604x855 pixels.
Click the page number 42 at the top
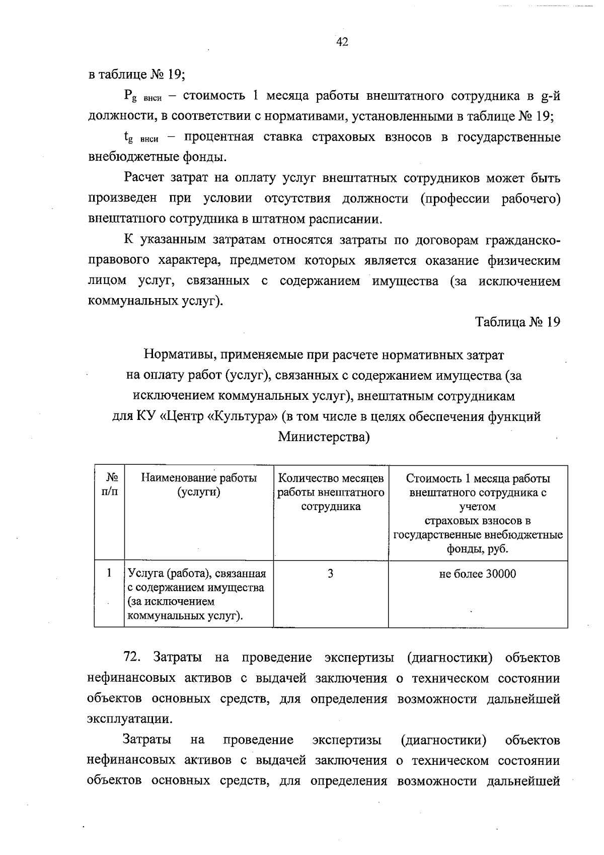pyautogui.click(x=342, y=42)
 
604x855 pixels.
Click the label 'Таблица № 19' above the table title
pyautogui.click(x=518, y=322)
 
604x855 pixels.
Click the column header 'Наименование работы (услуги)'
pyautogui.click(x=199, y=485)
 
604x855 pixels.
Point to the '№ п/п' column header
pyautogui.click(x=109, y=485)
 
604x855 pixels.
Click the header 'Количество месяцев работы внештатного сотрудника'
pyautogui.click(x=331, y=492)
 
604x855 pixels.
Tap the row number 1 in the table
pyautogui.click(x=109, y=573)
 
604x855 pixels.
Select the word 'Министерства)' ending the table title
pyautogui.click(x=324, y=437)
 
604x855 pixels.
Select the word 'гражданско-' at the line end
pyautogui.click(x=522, y=240)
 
